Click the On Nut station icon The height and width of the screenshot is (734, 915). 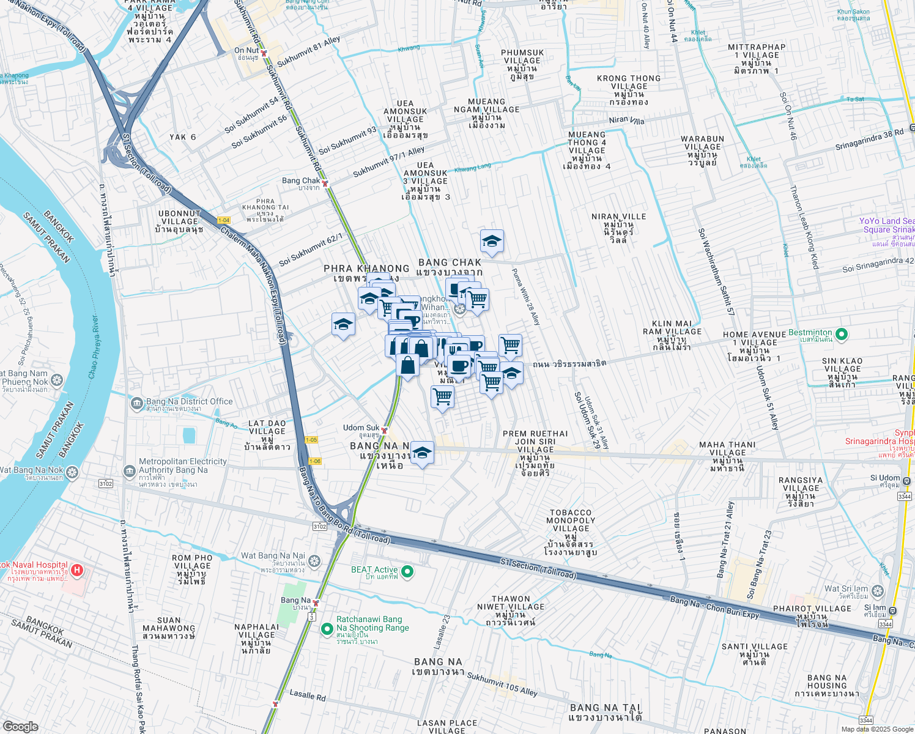coord(264,53)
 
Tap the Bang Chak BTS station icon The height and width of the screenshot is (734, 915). coord(325,183)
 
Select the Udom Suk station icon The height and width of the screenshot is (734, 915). coord(384,431)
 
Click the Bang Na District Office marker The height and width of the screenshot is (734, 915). coord(137,403)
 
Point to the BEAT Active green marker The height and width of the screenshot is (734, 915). coord(407,572)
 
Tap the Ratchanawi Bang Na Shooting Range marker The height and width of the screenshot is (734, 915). coord(327,628)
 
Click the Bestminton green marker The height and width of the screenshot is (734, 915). coord(842,334)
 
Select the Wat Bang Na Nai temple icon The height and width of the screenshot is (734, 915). coord(314,560)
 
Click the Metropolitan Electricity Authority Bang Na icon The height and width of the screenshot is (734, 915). coord(129,471)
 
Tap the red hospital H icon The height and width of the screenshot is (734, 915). coord(77,570)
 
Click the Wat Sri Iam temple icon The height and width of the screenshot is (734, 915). coord(878,591)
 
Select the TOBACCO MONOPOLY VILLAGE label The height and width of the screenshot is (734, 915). coord(570,521)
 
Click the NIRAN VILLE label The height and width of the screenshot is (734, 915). coord(619,217)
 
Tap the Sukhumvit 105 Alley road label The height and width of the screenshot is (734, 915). coord(502,684)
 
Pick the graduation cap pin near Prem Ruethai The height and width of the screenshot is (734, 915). coord(422,454)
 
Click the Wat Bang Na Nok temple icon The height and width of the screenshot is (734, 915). coord(72,472)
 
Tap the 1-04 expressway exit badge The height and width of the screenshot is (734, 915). coord(224,220)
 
